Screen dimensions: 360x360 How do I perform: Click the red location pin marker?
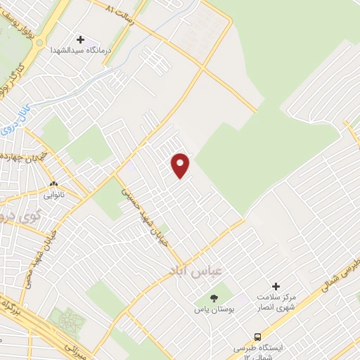(x=181, y=165)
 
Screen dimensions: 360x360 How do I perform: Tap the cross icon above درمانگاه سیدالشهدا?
(x=80, y=39)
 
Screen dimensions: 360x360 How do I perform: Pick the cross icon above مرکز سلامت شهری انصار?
(x=276, y=286)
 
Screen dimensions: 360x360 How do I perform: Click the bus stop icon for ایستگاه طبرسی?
(x=257, y=336)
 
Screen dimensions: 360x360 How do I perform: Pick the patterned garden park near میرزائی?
(x=70, y=323)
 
